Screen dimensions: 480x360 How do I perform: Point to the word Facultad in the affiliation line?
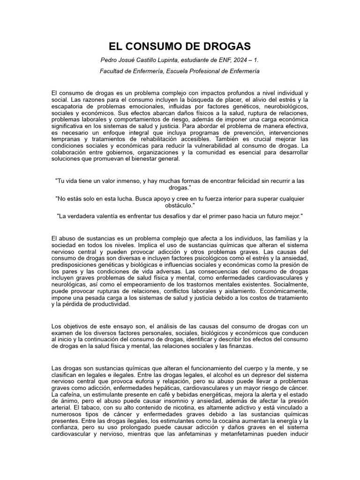(113, 71)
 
